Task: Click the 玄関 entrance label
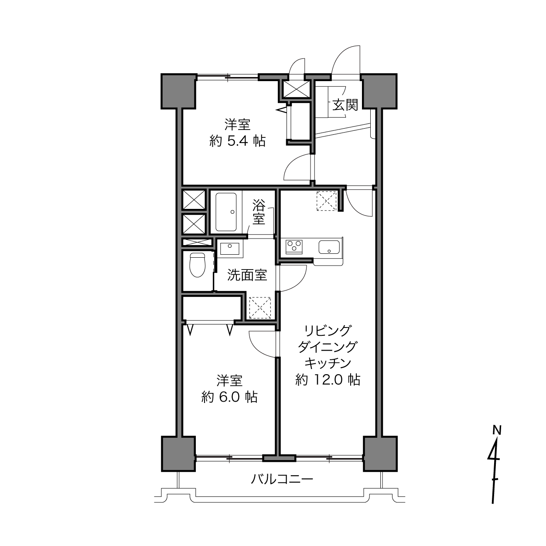pyautogui.click(x=345, y=105)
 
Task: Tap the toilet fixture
pyautogui.click(x=197, y=265)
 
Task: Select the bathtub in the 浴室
pyautogui.click(x=226, y=212)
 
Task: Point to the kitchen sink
pyautogui.click(x=329, y=247)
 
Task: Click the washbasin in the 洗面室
pyautogui.click(x=230, y=249)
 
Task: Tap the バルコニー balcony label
pyautogui.click(x=282, y=479)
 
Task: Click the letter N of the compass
pyautogui.click(x=497, y=430)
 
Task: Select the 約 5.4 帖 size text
pyautogui.click(x=237, y=141)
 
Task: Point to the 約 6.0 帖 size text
pyautogui.click(x=229, y=397)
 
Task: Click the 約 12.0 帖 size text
pyautogui.click(x=328, y=380)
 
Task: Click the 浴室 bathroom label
pyautogui.click(x=259, y=212)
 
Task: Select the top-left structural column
pyautogui.click(x=179, y=91)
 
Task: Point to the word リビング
pyautogui.click(x=328, y=331)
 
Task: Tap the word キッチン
pyautogui.click(x=328, y=363)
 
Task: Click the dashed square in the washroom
pyautogui.click(x=260, y=308)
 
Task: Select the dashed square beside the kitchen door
pyautogui.click(x=326, y=201)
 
